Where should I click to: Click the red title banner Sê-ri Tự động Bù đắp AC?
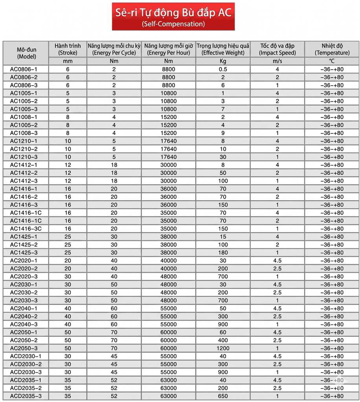(173, 16)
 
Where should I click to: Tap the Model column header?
(26, 53)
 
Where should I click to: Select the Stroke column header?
(68, 49)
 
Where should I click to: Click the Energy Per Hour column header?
(169, 49)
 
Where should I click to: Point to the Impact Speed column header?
(277, 49)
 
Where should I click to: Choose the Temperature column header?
(332, 49)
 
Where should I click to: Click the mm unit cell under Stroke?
(68, 61)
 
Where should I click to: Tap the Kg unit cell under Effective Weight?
(223, 61)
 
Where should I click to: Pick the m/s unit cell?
(277, 61)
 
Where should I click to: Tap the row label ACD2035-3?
(26, 396)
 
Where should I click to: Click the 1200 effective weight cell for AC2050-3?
(223, 348)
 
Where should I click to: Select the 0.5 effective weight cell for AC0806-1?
(223, 69)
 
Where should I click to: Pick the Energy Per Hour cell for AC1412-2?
(169, 173)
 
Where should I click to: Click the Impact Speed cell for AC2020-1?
(277, 261)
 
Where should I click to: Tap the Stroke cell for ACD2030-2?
(68, 364)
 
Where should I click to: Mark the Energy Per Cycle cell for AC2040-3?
(114, 324)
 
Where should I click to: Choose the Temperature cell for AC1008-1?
(332, 117)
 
